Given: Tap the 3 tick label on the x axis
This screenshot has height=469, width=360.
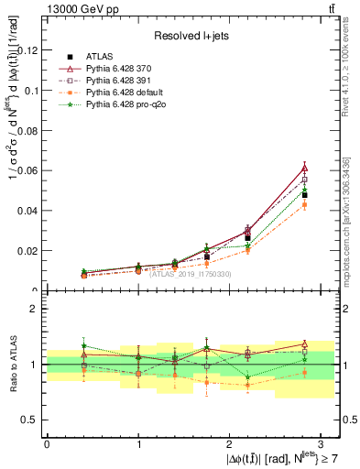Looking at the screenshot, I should (322, 443).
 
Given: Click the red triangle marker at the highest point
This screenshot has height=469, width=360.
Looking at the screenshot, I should (305, 169).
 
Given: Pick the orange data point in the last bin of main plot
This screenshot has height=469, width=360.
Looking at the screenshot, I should (305, 204).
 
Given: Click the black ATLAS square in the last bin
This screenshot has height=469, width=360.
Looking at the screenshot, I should (305, 195).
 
